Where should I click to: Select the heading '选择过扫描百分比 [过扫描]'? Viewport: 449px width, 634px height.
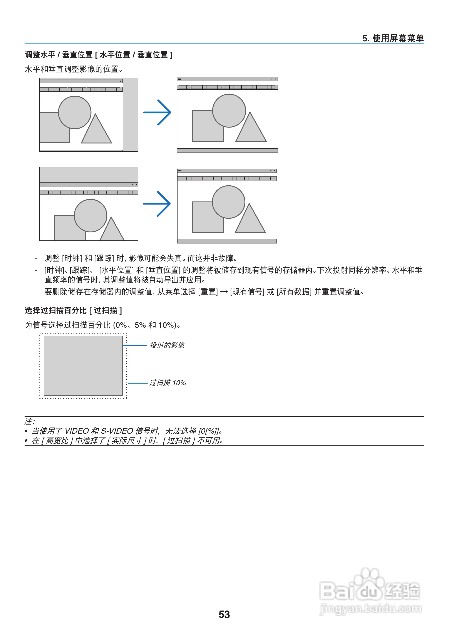pos(73,310)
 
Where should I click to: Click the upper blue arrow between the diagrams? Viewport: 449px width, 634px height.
pos(157,112)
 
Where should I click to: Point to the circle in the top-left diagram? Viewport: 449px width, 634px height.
pos(75,112)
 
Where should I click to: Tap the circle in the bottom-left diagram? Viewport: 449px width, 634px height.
pos(90,215)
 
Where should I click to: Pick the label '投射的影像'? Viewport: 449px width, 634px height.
pos(167,345)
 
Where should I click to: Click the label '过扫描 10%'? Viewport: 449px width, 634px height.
pos(167,383)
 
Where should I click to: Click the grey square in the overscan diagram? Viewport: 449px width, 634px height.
pos(83,365)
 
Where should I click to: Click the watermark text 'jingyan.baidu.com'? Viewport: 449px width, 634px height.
pos(370,609)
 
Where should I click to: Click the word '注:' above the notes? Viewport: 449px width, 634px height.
pos(29,421)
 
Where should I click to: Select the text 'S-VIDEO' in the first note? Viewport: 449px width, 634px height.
pos(117,431)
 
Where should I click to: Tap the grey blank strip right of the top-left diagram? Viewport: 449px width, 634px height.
pos(130,114)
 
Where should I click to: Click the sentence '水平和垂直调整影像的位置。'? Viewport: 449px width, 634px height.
pos(74,69)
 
